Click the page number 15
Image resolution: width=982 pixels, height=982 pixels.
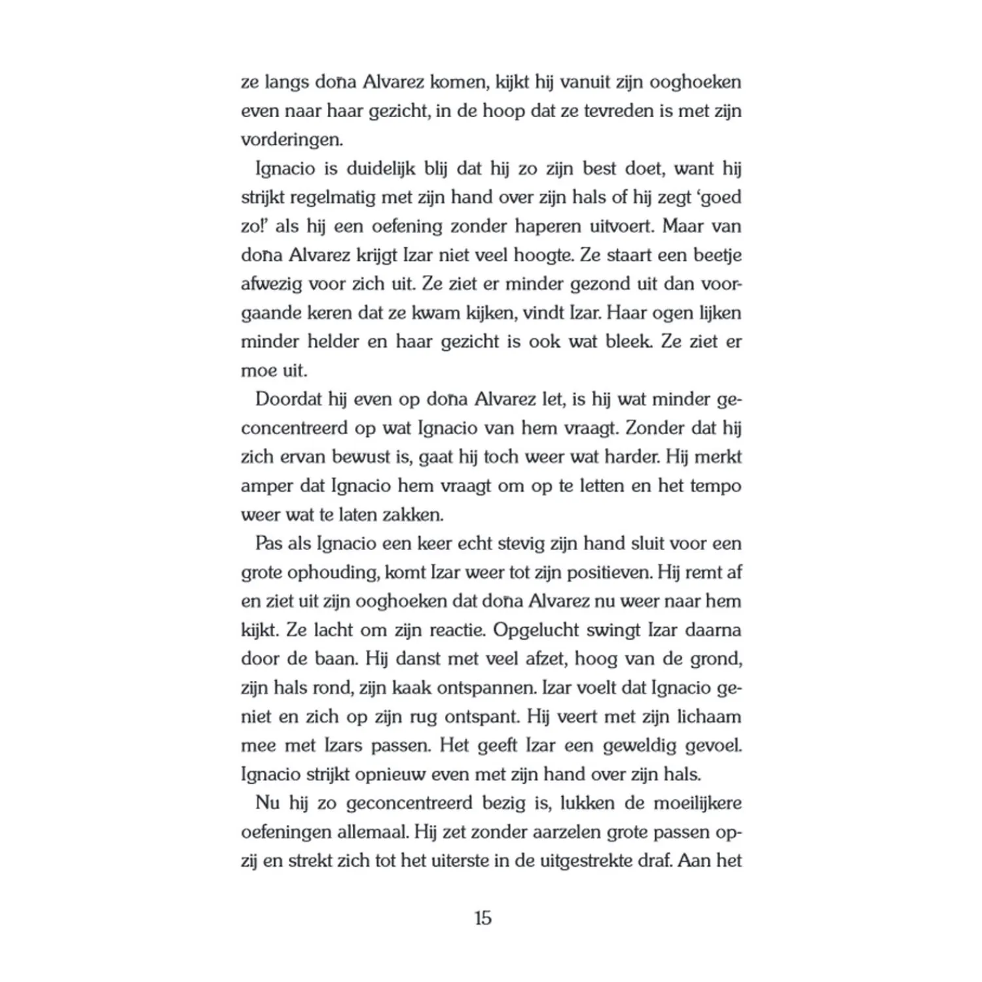coord(482,918)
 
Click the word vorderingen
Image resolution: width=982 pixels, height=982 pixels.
coord(291,140)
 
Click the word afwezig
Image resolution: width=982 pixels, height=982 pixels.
coord(270,284)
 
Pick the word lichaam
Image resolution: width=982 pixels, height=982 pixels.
coord(710,717)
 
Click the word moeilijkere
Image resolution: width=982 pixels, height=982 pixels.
coord(697,803)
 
